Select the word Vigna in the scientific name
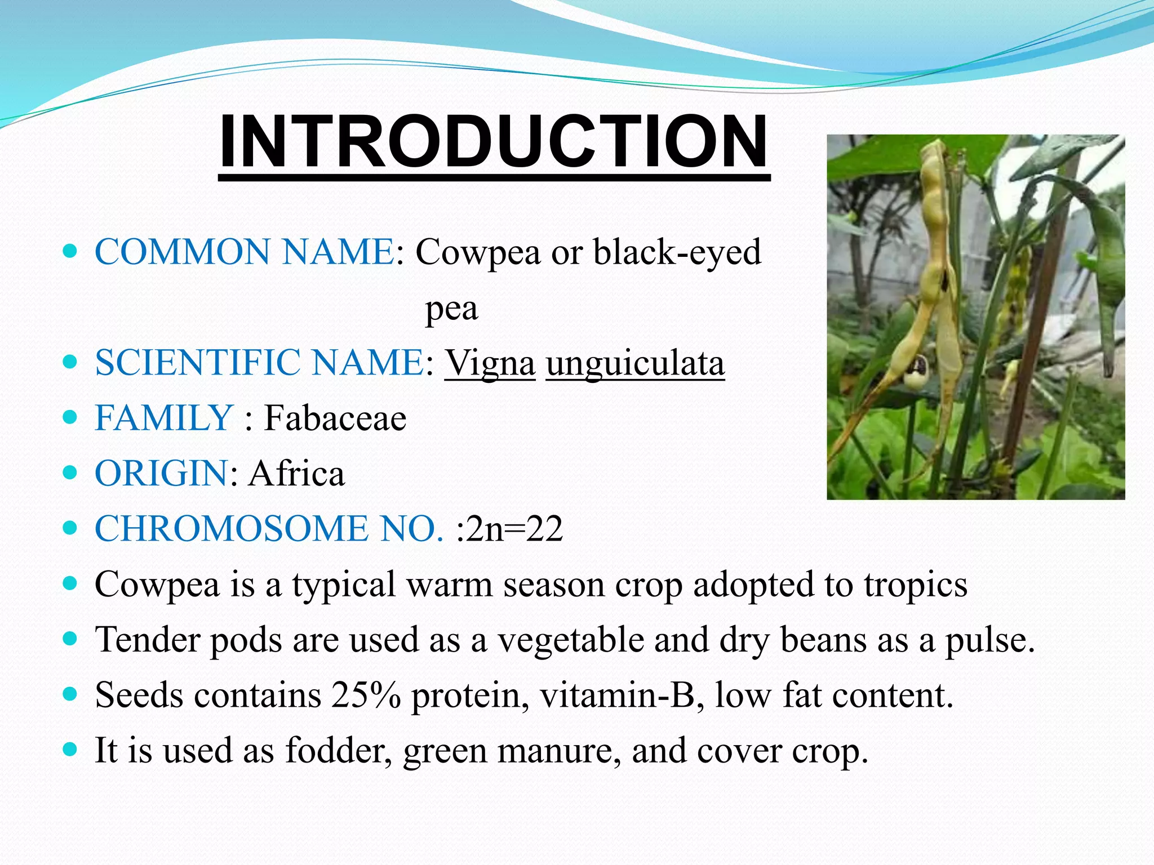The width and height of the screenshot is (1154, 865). [490, 363]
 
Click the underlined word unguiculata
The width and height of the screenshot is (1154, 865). [635, 363]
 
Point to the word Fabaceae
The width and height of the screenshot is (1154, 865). [335, 418]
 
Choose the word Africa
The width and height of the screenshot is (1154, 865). [296, 473]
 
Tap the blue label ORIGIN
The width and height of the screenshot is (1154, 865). [161, 473]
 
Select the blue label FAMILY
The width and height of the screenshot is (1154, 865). [164, 418]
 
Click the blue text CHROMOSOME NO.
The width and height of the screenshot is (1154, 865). [269, 529]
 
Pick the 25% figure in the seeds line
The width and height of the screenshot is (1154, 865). [366, 695]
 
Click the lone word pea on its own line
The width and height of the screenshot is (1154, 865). [451, 309]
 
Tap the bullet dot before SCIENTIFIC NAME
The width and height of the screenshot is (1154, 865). [70, 362]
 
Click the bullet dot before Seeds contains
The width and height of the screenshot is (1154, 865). [70, 694]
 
